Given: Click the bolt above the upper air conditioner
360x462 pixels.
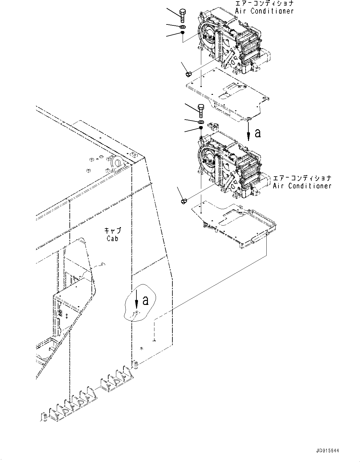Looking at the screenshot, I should [183, 15].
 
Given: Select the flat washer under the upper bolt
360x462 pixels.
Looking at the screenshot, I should [182, 27].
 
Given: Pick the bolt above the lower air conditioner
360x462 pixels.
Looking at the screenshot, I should [201, 110].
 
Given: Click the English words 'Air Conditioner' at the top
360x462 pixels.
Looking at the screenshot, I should [264, 11].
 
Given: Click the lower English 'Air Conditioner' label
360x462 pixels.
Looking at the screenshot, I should [302, 186].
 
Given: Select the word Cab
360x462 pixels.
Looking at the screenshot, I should [113, 239].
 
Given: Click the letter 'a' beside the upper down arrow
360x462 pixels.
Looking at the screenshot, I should [258, 133].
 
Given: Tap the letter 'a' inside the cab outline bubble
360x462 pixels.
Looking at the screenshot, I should [145, 300].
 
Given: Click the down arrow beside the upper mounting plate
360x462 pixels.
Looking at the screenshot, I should [248, 132].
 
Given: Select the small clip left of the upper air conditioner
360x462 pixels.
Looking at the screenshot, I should [188, 74].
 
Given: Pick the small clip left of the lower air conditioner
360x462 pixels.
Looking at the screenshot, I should [183, 201].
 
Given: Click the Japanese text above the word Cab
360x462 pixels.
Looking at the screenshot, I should [112, 231].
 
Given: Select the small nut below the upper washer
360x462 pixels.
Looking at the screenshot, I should [183, 33].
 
